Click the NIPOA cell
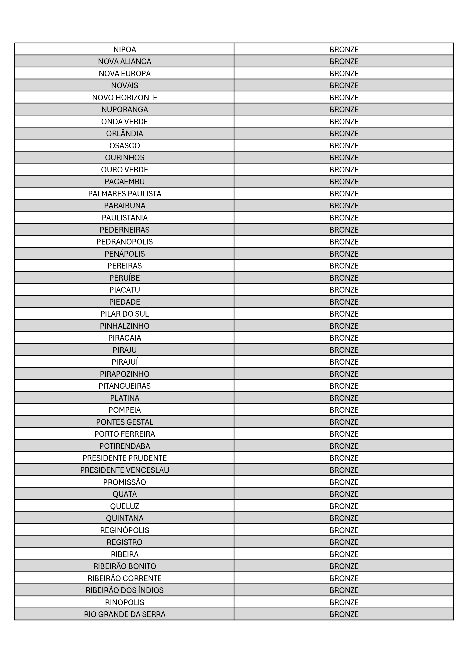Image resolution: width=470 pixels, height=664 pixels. click(x=124, y=49)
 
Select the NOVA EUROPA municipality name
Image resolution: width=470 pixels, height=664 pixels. click(x=124, y=73)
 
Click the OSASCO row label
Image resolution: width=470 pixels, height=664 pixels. click(x=124, y=146)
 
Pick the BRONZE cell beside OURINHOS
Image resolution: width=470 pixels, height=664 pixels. click(x=344, y=158)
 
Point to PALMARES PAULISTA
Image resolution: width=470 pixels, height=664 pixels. click(x=124, y=193)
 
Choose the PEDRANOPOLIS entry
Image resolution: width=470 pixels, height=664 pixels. click(x=124, y=242)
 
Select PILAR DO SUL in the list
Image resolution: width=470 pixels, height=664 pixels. click(x=124, y=314)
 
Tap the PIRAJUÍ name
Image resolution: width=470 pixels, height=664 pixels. click(x=124, y=362)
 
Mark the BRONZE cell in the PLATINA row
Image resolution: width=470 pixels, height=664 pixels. click(x=344, y=398)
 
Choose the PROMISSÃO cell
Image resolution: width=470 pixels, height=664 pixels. click(x=124, y=482)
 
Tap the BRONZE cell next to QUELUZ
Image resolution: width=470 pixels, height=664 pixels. click(x=344, y=506)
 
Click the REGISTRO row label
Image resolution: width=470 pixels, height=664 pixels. click(x=124, y=542)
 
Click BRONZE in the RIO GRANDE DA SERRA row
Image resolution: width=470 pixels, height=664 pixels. click(x=344, y=614)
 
